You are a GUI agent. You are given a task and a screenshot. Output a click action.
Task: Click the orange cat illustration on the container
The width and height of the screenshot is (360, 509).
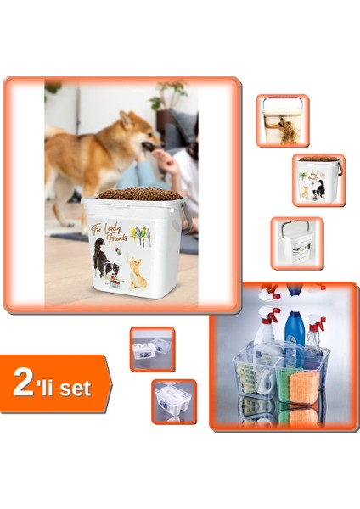(138, 272)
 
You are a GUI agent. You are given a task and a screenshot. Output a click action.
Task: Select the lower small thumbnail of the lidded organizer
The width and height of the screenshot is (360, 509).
(174, 400)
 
